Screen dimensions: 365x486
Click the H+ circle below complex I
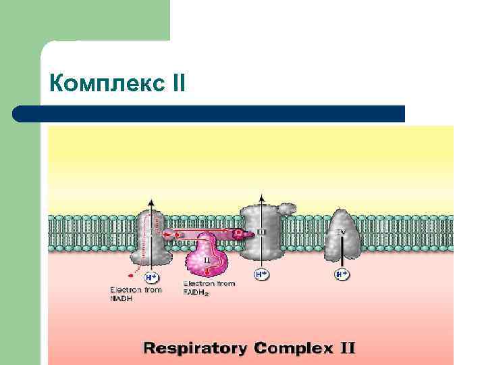pos(152,276)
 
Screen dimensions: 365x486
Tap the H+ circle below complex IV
pos(342,274)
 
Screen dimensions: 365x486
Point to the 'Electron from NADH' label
pos(136,293)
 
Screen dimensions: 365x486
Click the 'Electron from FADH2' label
pos(209,287)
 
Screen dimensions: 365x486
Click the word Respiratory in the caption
pos(195,349)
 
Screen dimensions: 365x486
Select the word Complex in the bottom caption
pos(293,349)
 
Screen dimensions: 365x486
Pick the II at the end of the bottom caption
pos(347,349)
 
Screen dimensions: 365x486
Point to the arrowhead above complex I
pos(152,201)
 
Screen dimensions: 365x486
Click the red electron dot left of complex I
pos(130,276)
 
